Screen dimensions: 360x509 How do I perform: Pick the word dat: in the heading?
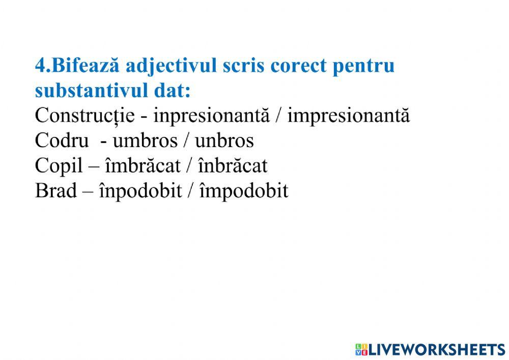tap(167, 92)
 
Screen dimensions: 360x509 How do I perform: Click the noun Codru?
tap(55, 141)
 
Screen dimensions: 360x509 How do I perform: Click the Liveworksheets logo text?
tap(436, 349)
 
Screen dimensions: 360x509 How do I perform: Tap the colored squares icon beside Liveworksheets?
tap(361, 349)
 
